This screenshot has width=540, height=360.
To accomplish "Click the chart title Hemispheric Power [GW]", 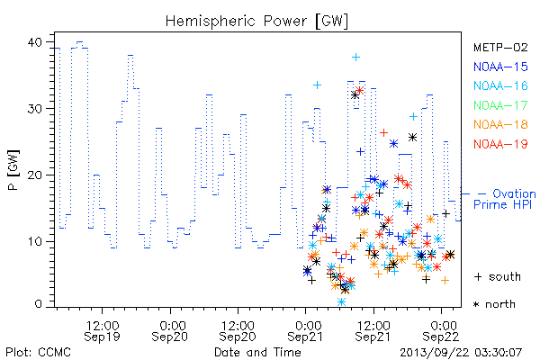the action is pos(256,22).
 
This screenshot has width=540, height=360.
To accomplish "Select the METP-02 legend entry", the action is pos(500,47).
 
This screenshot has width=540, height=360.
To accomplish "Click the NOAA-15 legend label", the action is pos(500,67).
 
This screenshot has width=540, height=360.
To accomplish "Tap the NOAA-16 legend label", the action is pos(500,85).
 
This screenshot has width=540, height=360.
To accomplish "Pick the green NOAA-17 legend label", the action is pos(500,105).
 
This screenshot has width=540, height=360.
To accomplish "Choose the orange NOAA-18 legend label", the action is pos(500,124).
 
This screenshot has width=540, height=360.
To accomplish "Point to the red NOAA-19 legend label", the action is pos(500,144).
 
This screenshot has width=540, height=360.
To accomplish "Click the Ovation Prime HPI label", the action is pos(505,199).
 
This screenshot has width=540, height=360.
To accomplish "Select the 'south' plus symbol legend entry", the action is pos(498,276).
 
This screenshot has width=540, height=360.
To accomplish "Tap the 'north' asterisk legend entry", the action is pos(494,304).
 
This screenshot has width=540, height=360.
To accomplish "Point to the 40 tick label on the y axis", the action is pos(34,42).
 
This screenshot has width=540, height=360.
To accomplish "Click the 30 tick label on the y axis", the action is pos(34,109).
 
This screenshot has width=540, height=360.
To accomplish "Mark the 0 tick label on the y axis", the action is pos(38,304).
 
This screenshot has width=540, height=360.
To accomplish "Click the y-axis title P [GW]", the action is pos(13,170).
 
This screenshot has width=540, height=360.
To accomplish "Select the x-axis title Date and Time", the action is pos(257,352).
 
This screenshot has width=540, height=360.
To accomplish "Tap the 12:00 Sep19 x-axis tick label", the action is pos(102,330).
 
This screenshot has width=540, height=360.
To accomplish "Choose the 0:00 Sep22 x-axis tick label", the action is pos(441,330).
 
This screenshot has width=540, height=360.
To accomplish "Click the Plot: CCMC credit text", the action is pos(38,352).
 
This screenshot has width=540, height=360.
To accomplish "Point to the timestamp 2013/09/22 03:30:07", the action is pos(461,353).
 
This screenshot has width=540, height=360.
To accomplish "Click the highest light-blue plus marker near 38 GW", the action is pos(355,58).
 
